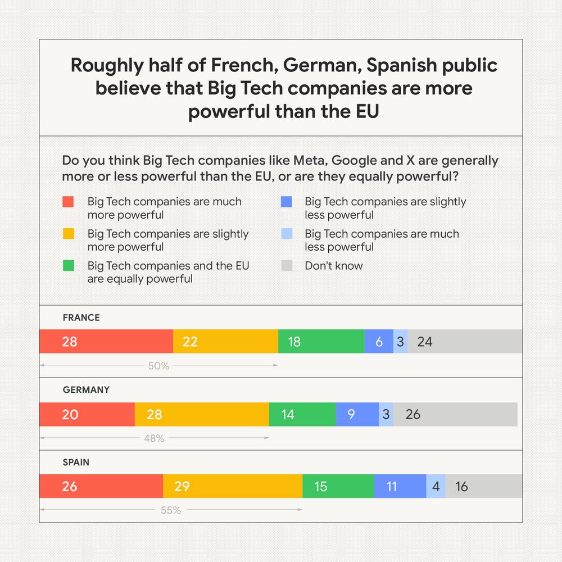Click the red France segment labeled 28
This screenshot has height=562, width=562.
pyautogui.click(x=106, y=341)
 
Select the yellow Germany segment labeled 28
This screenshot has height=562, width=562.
pyautogui.click(x=202, y=414)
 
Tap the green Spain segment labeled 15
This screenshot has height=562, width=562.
pyautogui.click(x=338, y=486)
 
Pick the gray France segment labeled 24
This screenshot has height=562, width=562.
pyautogui.click(x=465, y=341)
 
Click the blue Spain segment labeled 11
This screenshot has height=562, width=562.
pyautogui.click(x=400, y=486)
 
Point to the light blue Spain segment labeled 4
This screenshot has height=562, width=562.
pyautogui.click(x=436, y=486)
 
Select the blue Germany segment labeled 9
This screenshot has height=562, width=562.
pyautogui.click(x=357, y=414)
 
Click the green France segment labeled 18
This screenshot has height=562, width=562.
pyautogui.click(x=321, y=341)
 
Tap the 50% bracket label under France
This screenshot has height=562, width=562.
pyautogui.click(x=158, y=366)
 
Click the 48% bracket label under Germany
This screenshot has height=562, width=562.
pyautogui.click(x=154, y=438)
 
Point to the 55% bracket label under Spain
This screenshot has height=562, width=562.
pyautogui.click(x=170, y=510)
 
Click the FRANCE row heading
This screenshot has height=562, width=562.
pyautogui.click(x=81, y=318)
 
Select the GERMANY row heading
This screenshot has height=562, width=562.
pyautogui.click(x=86, y=389)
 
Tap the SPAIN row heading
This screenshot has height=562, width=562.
pyautogui.click(x=76, y=463)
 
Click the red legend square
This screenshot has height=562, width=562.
pyautogui.click(x=68, y=202)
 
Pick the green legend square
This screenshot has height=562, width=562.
pyautogui.click(x=68, y=266)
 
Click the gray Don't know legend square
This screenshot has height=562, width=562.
pyautogui.click(x=287, y=266)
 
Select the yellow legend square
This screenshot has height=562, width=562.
pyautogui.click(x=68, y=234)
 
